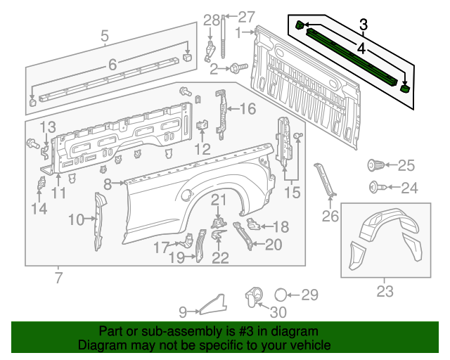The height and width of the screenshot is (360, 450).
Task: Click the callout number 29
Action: tap(310, 295)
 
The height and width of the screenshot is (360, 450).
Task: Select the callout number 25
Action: tap(406, 166)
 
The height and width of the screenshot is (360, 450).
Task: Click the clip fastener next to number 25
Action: tap(375, 166)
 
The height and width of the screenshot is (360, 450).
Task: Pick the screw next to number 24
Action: tap(375, 188)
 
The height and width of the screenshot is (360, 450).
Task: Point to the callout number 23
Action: tap(385, 291)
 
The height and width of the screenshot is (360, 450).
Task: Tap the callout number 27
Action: tap(246, 17)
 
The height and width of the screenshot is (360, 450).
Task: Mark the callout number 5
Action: tap(104, 35)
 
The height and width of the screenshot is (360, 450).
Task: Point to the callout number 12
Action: tap(202, 148)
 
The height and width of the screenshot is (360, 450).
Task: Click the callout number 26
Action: tap(330, 217)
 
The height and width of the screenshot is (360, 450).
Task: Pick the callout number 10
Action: tap(76, 219)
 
